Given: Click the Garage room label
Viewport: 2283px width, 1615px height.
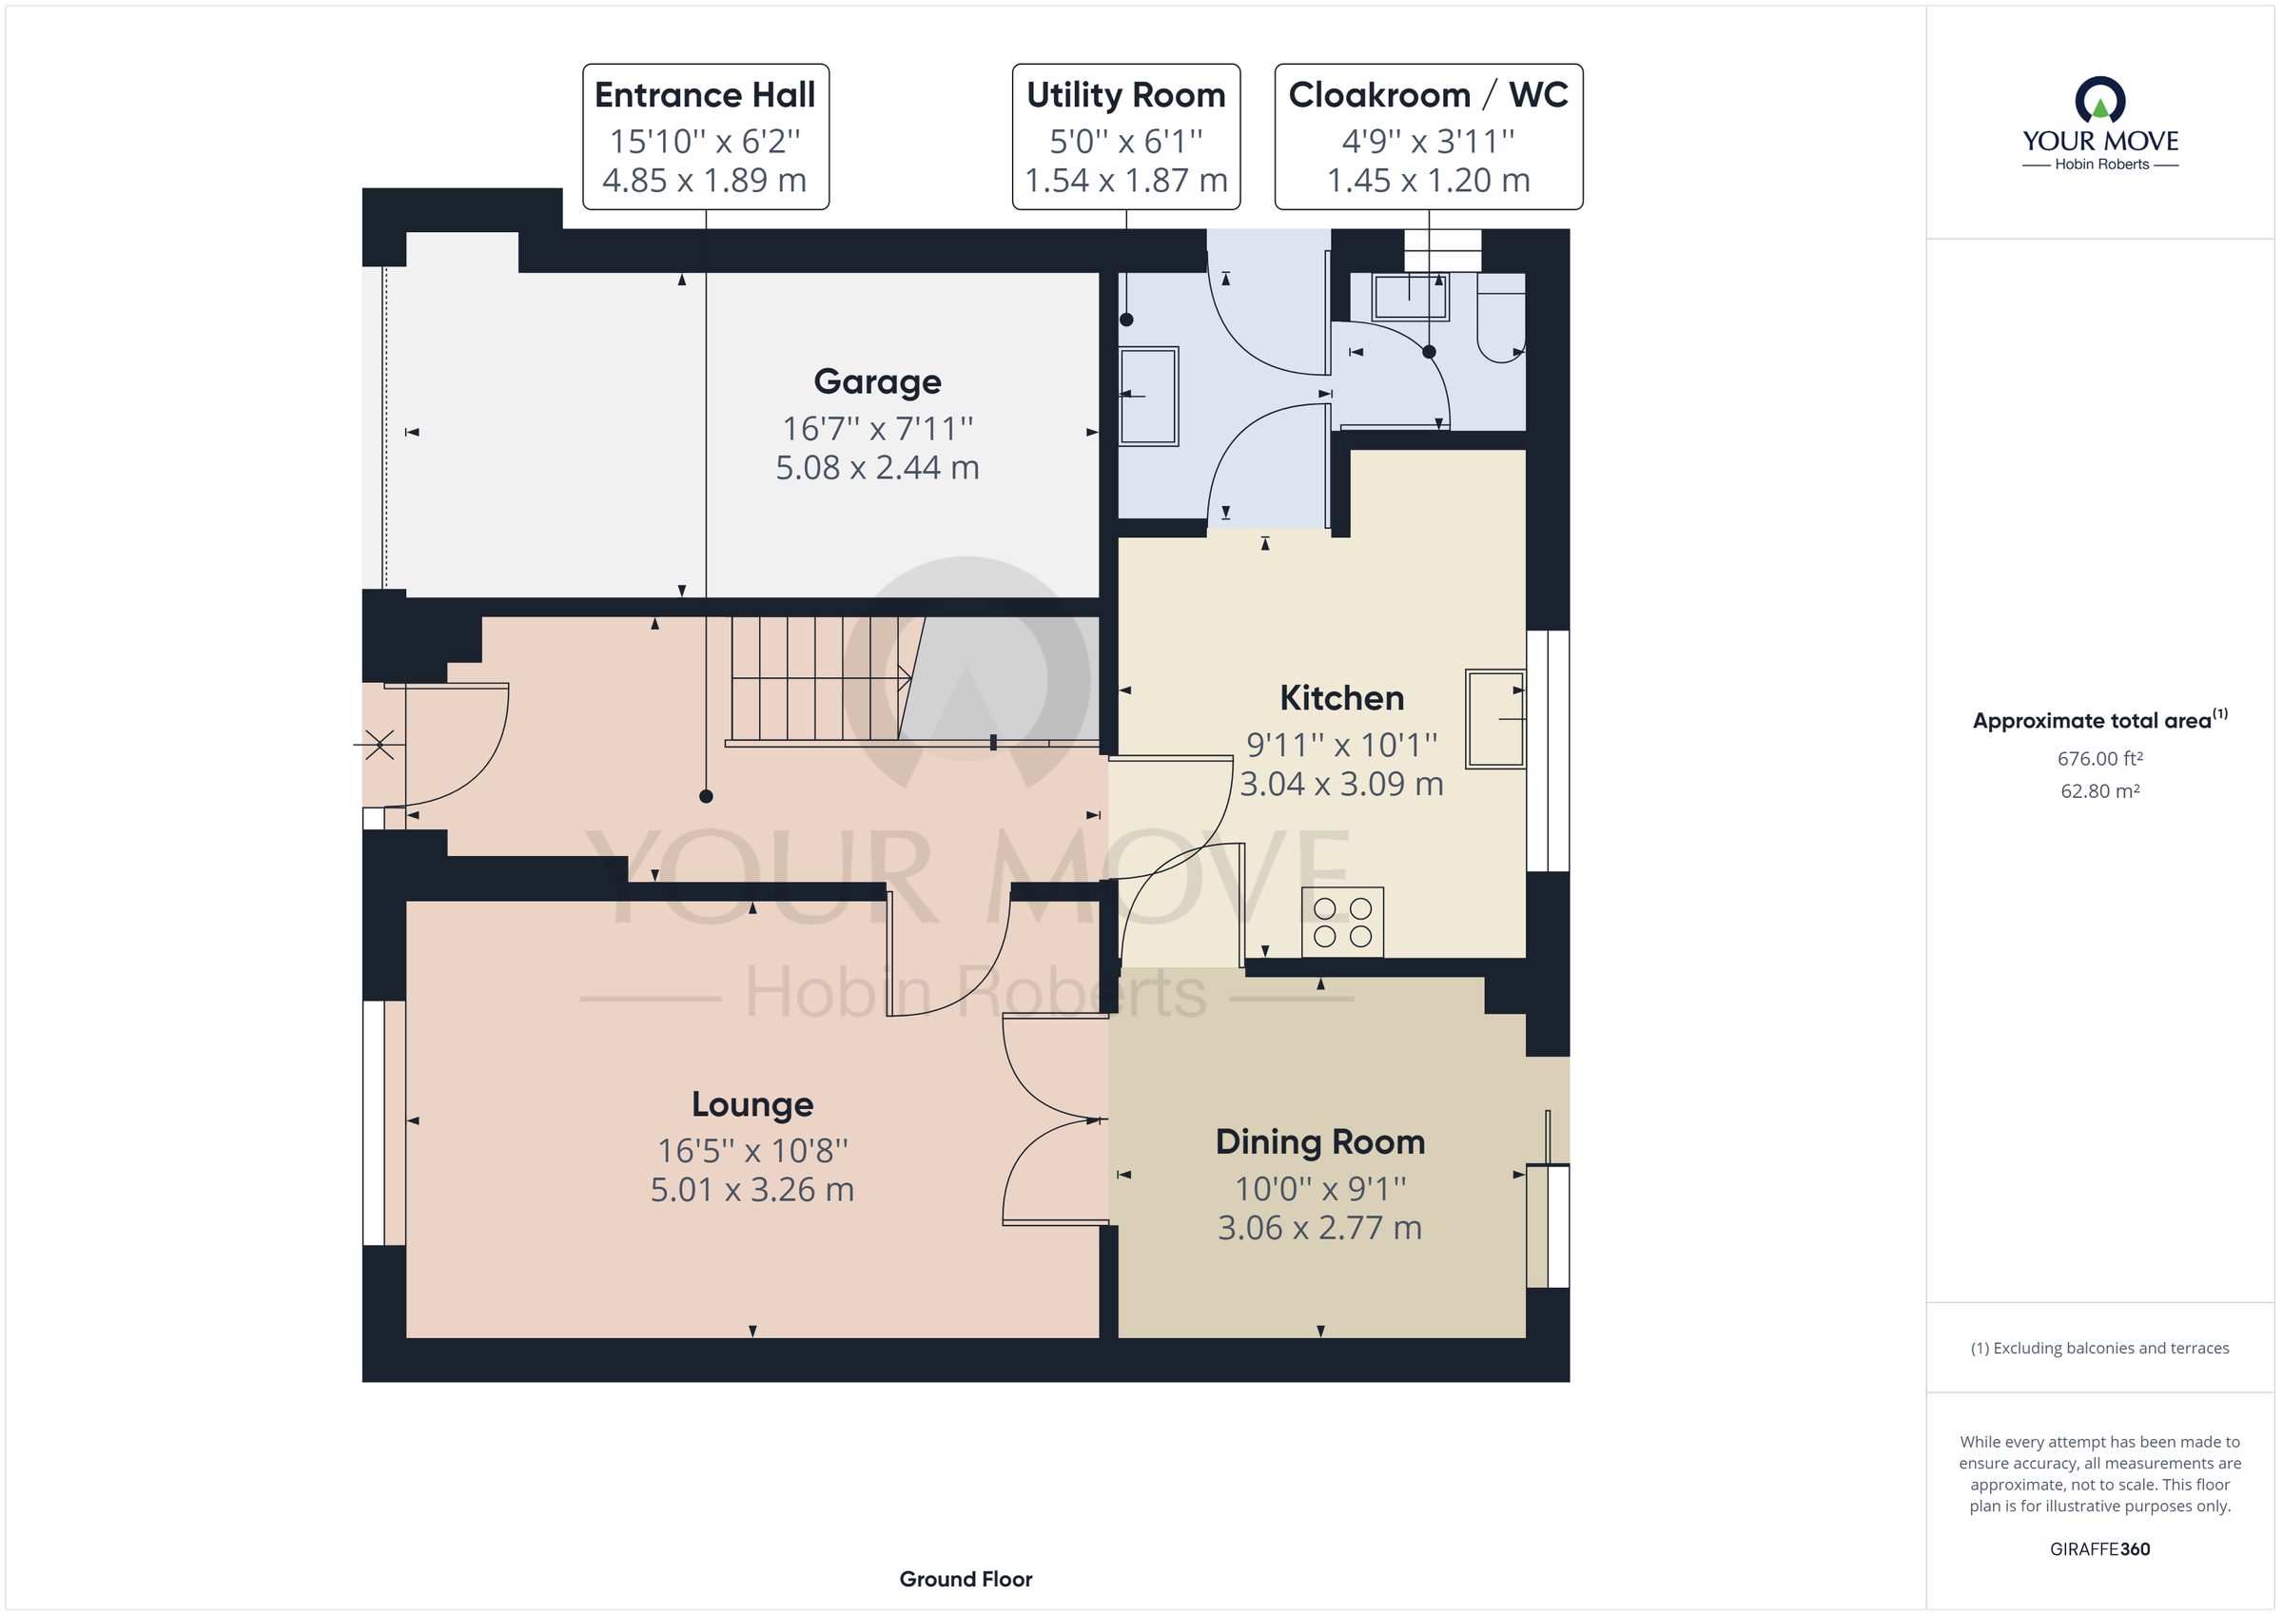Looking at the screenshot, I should coord(877,381).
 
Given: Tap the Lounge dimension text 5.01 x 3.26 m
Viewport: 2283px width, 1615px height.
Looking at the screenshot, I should coord(751,1189).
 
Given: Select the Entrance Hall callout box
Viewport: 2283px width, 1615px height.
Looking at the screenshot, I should coord(705,137).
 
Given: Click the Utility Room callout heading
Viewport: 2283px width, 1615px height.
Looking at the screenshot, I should coord(1125,95).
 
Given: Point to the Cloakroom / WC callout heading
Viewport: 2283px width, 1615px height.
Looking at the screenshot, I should coord(1428,95).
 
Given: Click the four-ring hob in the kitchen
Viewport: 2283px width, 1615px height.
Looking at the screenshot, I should coord(1342,922).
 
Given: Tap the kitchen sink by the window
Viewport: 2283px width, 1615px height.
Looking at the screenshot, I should coord(1494,718).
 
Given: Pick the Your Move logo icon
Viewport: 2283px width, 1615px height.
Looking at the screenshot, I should coord(2100,101).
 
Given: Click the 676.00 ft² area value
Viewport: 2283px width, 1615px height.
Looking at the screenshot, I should coord(2100,759).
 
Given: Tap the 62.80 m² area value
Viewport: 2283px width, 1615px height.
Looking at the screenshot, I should coord(2100,791).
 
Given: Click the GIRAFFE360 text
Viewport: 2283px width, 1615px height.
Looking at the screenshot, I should coord(2100,1548).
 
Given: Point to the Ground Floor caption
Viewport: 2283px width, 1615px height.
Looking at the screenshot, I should coord(966,1578).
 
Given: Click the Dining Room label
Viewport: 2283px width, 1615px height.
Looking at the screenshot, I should coord(1319,1141).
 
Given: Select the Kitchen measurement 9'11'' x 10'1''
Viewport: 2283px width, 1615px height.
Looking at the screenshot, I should coord(1341,745).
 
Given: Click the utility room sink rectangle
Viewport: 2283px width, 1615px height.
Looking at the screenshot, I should coord(1149,396).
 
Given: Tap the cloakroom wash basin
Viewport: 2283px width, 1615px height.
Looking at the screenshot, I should coord(1410,297).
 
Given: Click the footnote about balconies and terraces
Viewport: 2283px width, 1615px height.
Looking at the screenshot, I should coord(2100,1349).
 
